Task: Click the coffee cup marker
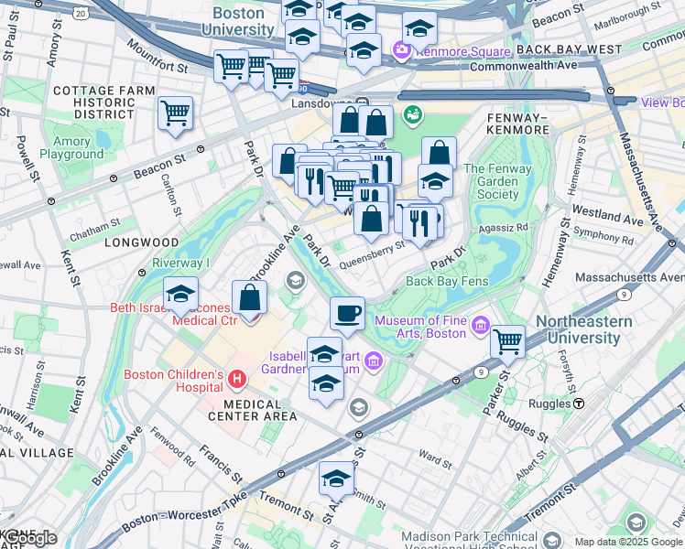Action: (347, 314)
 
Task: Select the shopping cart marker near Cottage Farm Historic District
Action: (175, 113)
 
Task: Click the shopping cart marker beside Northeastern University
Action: (507, 342)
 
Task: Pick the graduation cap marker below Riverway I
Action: (181, 296)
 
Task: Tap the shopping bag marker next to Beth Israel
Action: (249, 297)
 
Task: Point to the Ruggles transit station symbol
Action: (579, 404)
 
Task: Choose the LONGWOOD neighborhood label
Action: (141, 242)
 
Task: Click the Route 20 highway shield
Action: (81, 14)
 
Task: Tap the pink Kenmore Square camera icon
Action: (400, 50)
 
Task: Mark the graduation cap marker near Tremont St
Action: (336, 479)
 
